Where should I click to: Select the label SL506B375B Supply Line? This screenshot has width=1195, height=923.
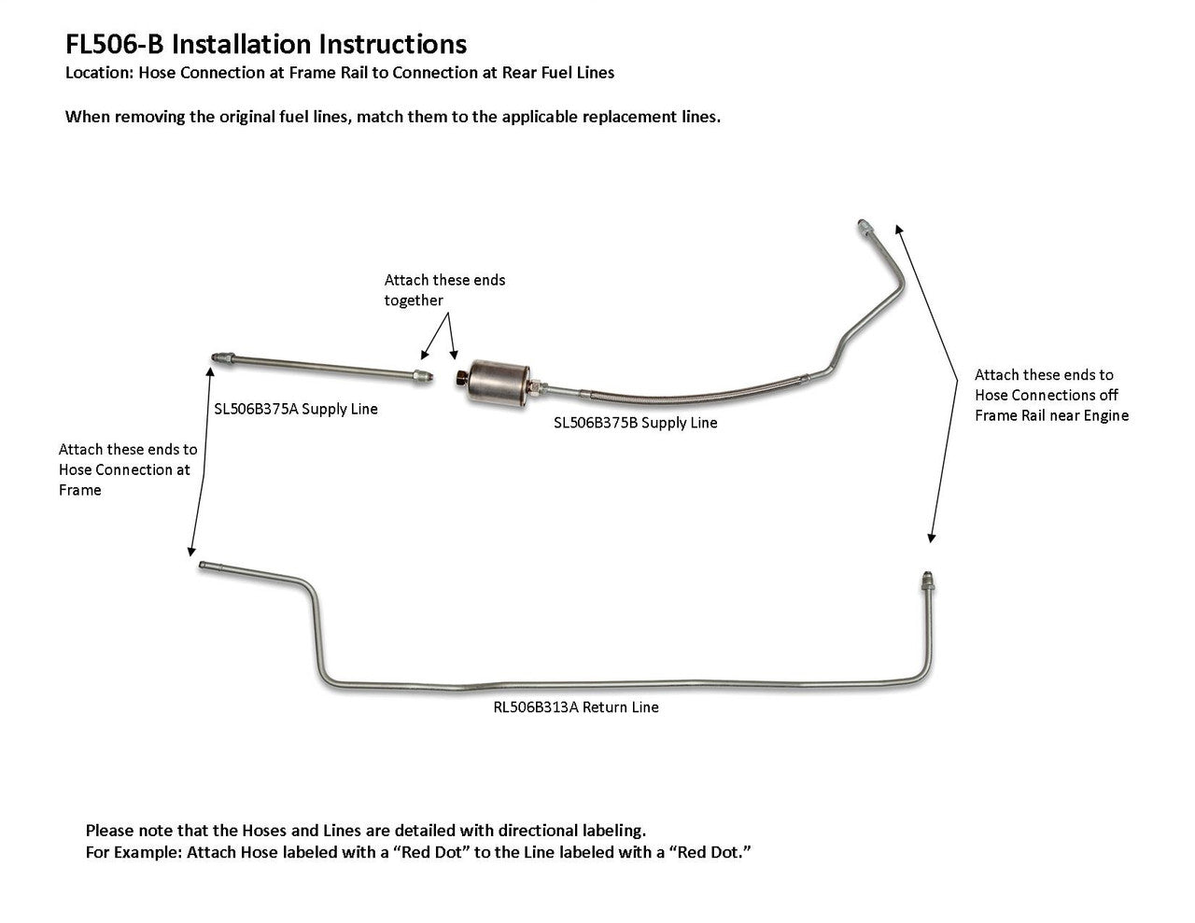[x=635, y=423]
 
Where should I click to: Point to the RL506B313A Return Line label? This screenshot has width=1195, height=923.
[x=576, y=707]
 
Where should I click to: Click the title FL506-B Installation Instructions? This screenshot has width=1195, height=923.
[x=266, y=44]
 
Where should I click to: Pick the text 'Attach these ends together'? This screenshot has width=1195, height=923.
[x=444, y=290]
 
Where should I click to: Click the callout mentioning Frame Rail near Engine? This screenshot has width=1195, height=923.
[x=1051, y=395]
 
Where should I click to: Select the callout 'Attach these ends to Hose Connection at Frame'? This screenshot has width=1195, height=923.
[x=127, y=469]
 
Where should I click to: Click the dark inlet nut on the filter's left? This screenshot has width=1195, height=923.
[x=461, y=376]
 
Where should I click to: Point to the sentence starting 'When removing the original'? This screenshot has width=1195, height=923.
[x=392, y=118]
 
